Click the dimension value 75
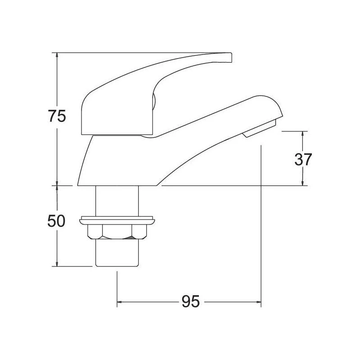click(x=57, y=116)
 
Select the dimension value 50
click(x=57, y=221)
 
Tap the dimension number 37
click(x=303, y=159)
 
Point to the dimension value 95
click(x=191, y=301)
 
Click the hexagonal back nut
click(x=117, y=232)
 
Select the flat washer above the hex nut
click(x=117, y=220)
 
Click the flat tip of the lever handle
click(x=231, y=58)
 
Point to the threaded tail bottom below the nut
click(x=117, y=253)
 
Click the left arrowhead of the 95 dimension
click(x=119, y=301)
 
